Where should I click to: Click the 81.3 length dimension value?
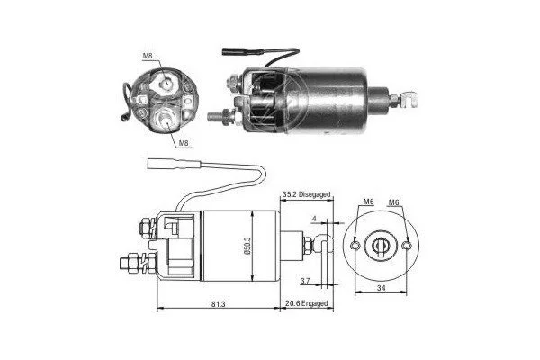tap(219, 304)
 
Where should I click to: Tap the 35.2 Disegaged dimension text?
tap(307, 194)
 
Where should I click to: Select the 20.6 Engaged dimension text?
tap(307, 303)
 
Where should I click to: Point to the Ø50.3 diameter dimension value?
tap(248, 246)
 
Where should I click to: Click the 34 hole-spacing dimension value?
tap(381, 288)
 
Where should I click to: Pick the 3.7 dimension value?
tap(305, 281)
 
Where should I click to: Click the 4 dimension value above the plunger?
tap(314, 219)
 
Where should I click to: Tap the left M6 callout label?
tap(368, 202)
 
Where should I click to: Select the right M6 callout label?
tap(393, 202)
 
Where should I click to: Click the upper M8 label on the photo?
tap(148, 56)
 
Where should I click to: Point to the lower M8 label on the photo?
tap(184, 143)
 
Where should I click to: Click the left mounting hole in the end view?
tap(355, 246)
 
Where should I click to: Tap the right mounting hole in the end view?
tap(407, 246)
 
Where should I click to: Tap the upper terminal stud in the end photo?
tap(166, 82)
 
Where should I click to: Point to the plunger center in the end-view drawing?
tap(381, 246)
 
